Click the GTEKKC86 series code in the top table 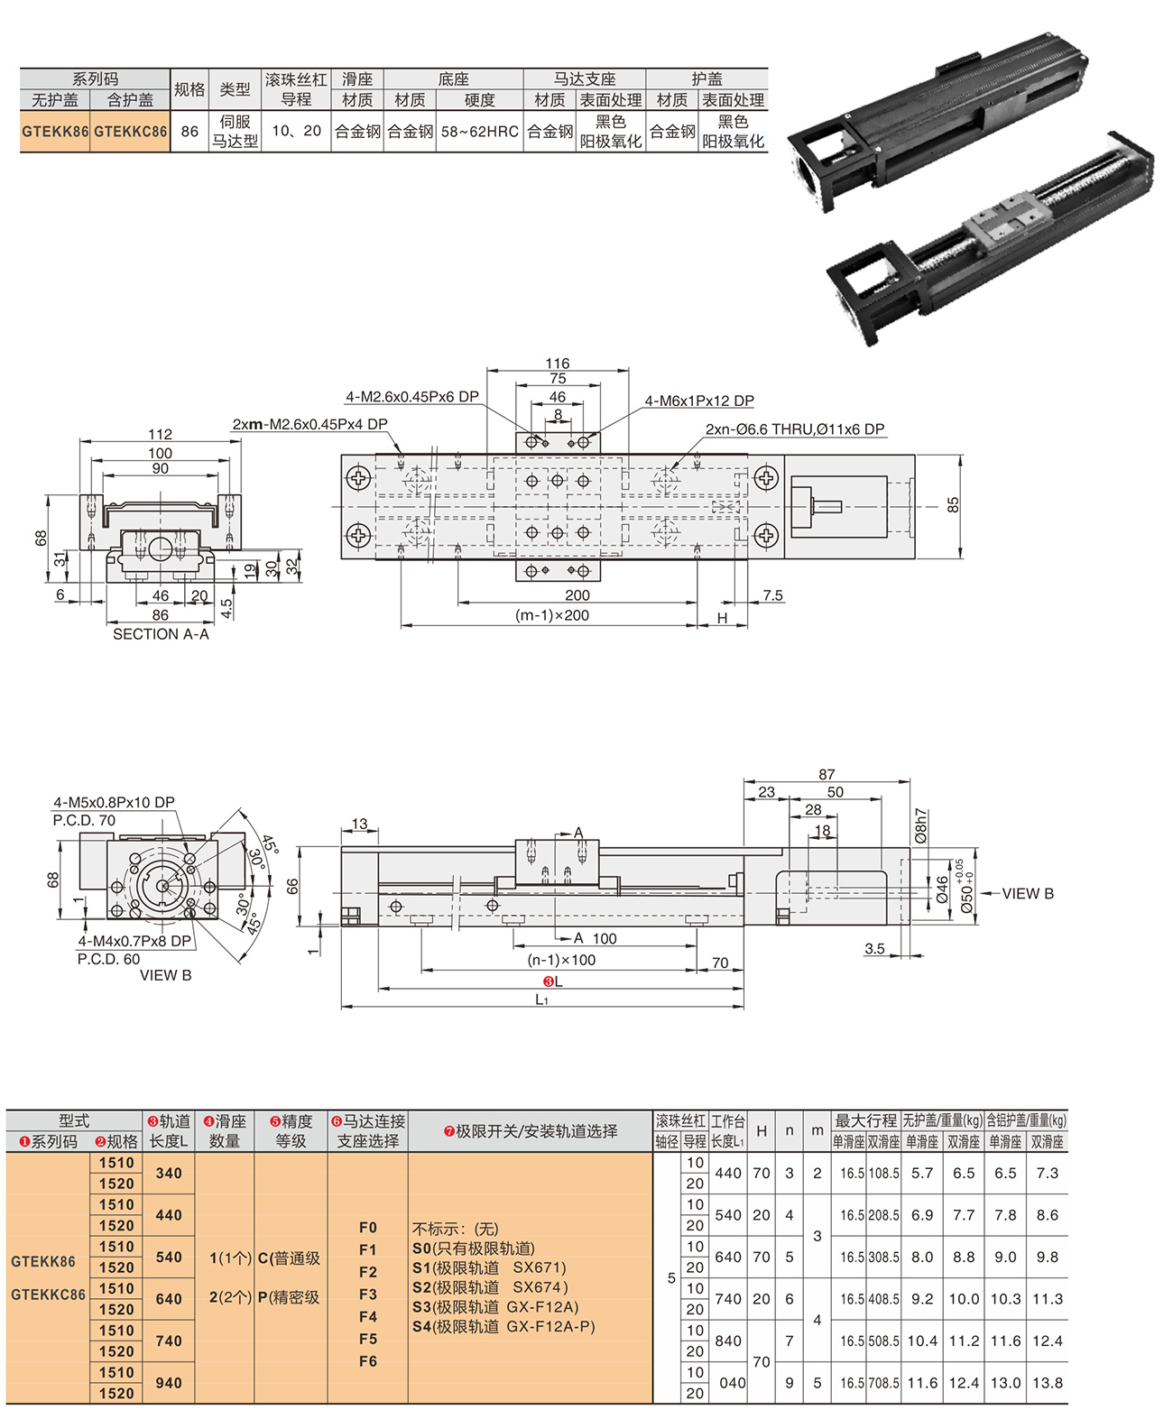[130, 131]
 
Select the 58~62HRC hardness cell [479, 131]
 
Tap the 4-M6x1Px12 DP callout [698, 401]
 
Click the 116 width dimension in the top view [558, 364]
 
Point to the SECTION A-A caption [161, 634]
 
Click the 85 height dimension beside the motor [953, 505]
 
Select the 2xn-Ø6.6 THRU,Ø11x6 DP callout [794, 429]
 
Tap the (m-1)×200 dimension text [551, 615]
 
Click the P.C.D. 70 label [84, 820]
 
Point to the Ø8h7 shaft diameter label [920, 825]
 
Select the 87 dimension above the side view [827, 774]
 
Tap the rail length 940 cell [169, 1382]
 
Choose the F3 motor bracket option [368, 1294]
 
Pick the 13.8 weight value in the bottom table [1047, 1382]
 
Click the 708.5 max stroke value [883, 1382]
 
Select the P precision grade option [289, 1296]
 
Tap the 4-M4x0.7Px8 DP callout [134, 941]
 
